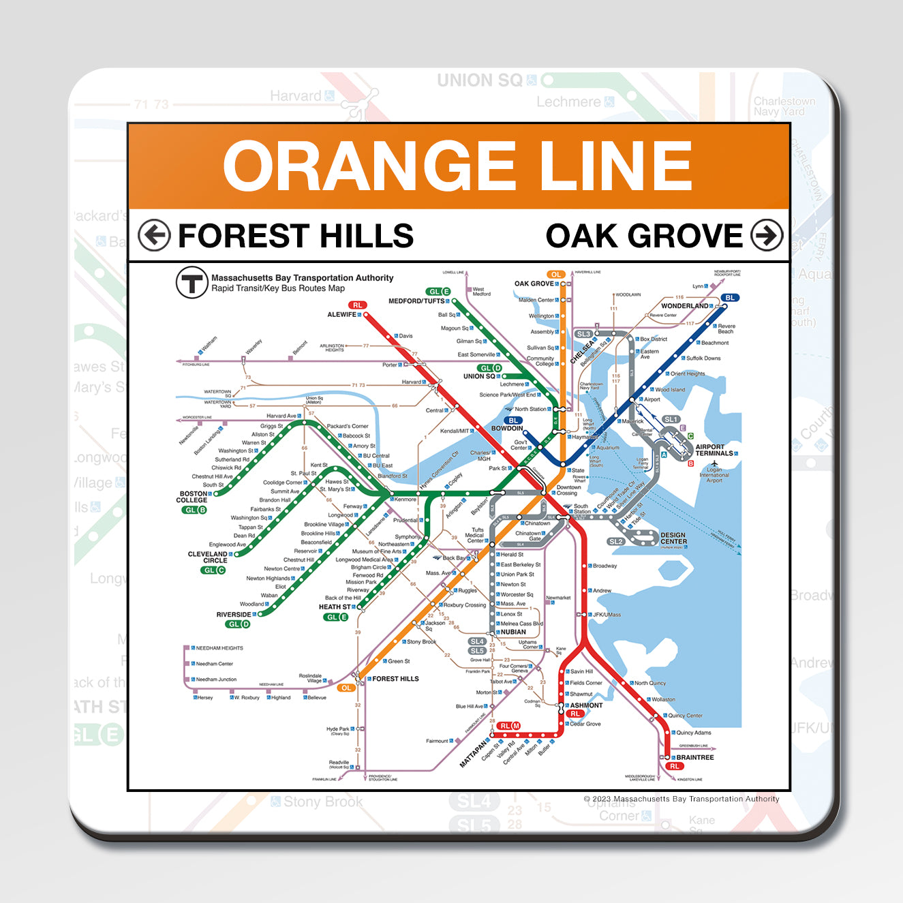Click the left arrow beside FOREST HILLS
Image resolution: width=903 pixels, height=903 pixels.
pos(153,236)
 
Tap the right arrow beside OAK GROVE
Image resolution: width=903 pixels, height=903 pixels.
pos(767,236)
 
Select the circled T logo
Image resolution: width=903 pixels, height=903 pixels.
pos(192,282)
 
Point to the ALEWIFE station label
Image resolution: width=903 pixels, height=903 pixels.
pos(342,315)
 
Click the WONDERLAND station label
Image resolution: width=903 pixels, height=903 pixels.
pos(684,306)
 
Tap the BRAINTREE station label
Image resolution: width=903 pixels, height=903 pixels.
pos(695,757)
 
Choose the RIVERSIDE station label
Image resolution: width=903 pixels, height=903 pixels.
pos(234,615)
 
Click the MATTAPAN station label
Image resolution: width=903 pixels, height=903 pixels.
pos(474,752)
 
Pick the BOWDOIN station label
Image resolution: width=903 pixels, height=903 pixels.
pos(507,429)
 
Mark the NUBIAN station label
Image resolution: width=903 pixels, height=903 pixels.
pos(513,632)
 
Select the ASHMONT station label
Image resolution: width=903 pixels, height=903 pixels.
pos(586,705)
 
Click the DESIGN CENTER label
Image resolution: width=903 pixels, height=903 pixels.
pos(673,538)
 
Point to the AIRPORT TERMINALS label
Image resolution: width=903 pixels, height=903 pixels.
pos(714,450)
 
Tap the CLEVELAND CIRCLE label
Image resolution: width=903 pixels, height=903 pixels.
pos(208,557)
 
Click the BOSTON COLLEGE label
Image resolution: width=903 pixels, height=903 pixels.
pos(193,497)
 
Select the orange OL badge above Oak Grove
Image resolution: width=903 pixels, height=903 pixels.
pos(556,275)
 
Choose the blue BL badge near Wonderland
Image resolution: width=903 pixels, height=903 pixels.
pos(730,298)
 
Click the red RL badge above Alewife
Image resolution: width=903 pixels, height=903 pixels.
pos(357,305)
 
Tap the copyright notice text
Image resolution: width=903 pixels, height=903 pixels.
pos(682,799)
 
